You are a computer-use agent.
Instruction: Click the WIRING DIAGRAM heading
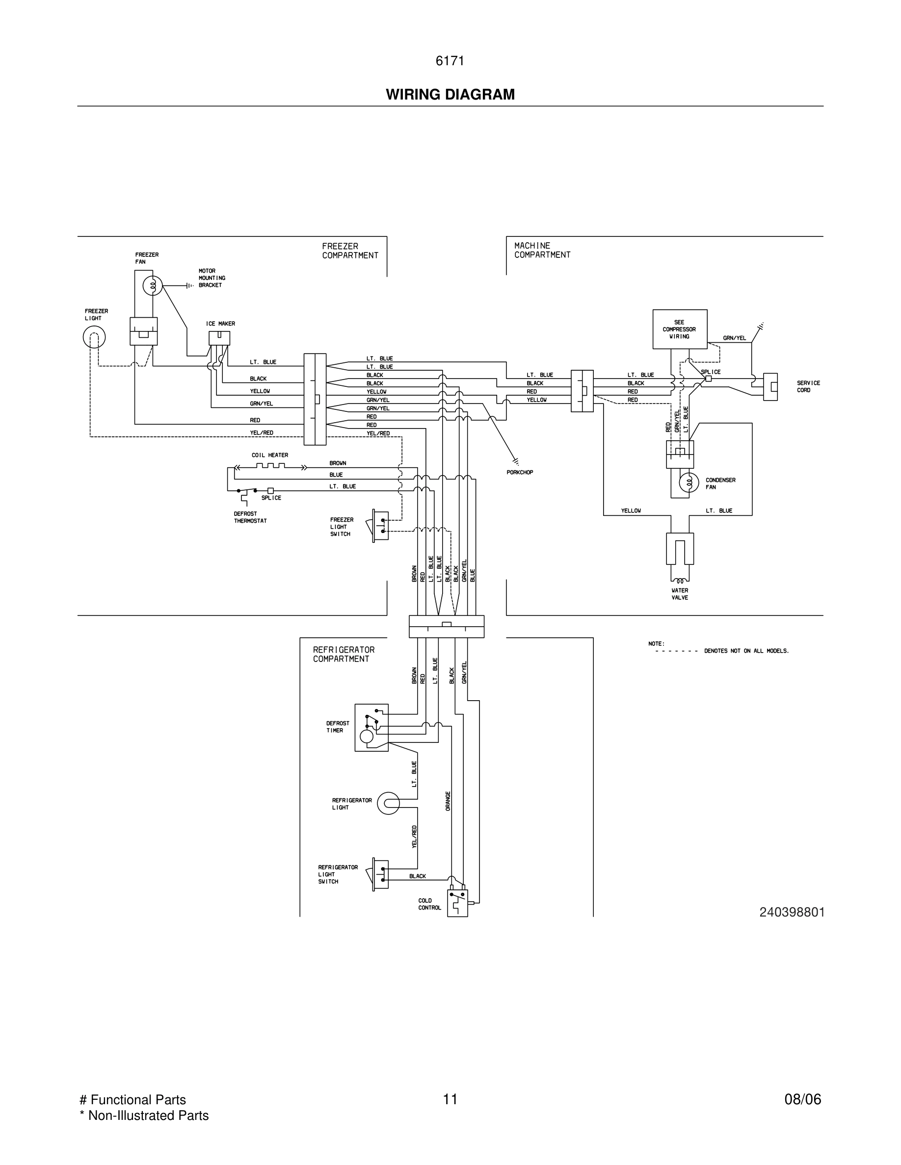[x=450, y=95]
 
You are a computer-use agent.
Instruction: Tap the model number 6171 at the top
[x=450, y=61]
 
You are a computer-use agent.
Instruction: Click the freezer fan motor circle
[x=152, y=286]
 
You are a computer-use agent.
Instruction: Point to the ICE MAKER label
[x=220, y=324]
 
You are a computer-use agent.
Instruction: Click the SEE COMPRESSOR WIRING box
[x=680, y=329]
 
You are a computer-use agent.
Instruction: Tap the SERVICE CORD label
[x=808, y=387]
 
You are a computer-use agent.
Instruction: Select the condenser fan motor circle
[x=689, y=483]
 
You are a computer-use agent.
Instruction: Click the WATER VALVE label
[x=680, y=594]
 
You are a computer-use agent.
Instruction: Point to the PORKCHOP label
[x=519, y=473]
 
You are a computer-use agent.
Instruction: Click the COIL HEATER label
[x=269, y=455]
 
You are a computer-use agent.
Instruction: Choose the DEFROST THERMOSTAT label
[x=250, y=517]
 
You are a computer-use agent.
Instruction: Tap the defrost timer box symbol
[x=371, y=728]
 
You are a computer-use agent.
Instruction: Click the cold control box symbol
[x=457, y=903]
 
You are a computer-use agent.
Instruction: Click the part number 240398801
[x=792, y=912]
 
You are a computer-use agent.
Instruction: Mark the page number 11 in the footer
[x=450, y=1099]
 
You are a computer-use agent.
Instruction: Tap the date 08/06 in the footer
[x=802, y=1099]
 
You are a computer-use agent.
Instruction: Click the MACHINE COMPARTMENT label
[x=542, y=250]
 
